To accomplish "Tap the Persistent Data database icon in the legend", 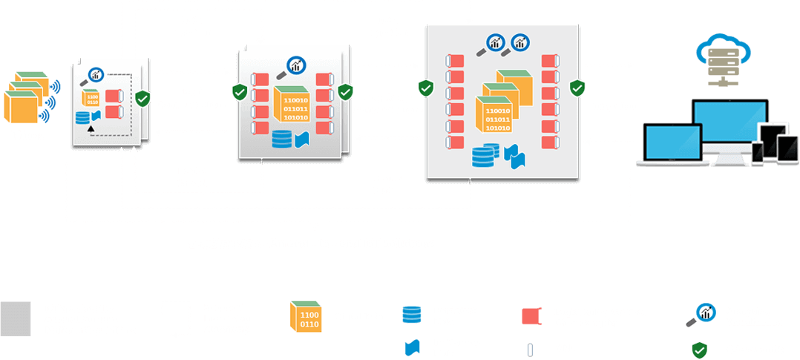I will click(x=410, y=314).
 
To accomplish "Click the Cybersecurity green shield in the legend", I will click(x=698, y=349).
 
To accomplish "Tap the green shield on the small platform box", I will click(x=142, y=98).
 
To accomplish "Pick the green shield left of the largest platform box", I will click(x=425, y=88).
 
